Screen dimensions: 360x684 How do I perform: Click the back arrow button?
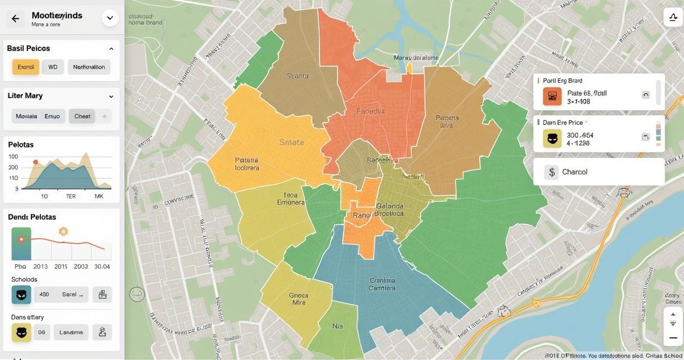pos(15,19)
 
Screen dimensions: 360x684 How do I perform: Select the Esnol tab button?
pos(26,67)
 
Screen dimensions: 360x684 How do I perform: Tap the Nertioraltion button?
pos(89,67)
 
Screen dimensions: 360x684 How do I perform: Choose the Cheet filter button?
pos(82,116)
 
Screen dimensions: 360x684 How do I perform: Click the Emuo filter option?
pos(52,116)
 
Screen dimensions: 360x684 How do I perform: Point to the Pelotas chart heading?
pos(21,145)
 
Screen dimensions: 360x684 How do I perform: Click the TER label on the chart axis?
pos(71,196)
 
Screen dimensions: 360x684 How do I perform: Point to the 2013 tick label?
pos(40,266)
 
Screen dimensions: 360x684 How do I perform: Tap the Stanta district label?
pos(298,76)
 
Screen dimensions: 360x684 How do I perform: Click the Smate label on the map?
pos(291,142)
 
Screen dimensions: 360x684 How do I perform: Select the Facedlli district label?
pos(370,111)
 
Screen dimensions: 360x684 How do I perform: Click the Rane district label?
pos(361,215)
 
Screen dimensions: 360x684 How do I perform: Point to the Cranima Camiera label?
pos(382,284)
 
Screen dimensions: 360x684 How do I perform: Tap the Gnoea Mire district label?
pos(298,299)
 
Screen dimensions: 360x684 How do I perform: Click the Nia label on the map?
pos(337,326)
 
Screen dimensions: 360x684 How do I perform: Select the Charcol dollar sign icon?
pos(551,172)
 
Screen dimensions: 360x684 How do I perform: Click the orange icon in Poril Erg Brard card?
pos(552,97)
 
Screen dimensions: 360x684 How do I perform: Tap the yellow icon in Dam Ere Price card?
pos(552,138)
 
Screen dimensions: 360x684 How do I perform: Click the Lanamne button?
pos(71,332)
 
